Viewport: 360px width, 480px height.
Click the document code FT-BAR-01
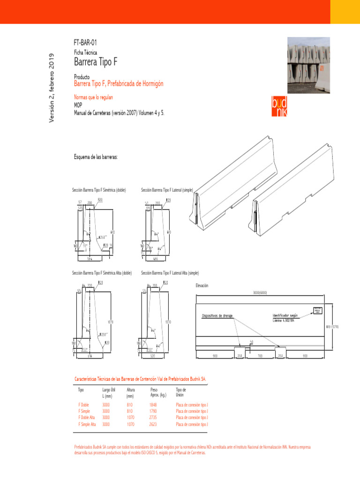85,43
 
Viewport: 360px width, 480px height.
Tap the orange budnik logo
279,107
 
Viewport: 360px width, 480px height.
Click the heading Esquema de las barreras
96,156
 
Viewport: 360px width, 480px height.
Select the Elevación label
202,285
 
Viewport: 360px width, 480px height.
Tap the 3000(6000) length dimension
260,292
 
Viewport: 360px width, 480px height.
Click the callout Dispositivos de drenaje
217,315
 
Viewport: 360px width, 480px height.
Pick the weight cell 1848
153,404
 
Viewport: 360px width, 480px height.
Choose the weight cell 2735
153,417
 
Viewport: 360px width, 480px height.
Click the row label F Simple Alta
87,424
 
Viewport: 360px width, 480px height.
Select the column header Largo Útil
109,390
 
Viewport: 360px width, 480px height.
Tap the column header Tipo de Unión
181,392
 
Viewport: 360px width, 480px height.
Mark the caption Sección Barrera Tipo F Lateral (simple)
167,190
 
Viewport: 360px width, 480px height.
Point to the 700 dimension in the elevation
260,356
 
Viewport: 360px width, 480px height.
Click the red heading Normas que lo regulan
94,97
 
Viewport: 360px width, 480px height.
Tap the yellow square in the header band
345,12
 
